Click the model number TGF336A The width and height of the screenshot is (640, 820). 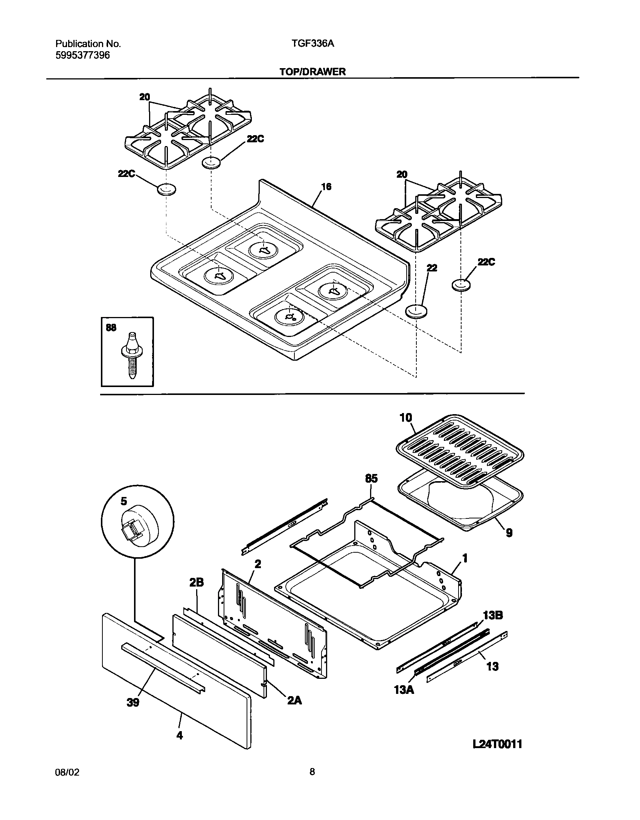[x=312, y=44]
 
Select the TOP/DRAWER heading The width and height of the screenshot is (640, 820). [x=312, y=72]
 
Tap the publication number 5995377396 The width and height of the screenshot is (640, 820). [x=82, y=55]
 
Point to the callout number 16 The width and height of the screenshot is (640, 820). [x=326, y=187]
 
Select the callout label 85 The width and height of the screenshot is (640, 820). [x=371, y=479]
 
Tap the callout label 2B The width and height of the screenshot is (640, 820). [x=196, y=583]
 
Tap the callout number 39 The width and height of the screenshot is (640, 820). [x=133, y=702]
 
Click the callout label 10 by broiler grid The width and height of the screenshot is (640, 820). [x=405, y=418]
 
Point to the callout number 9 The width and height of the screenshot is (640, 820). [x=509, y=533]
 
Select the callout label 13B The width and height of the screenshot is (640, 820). [x=493, y=616]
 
